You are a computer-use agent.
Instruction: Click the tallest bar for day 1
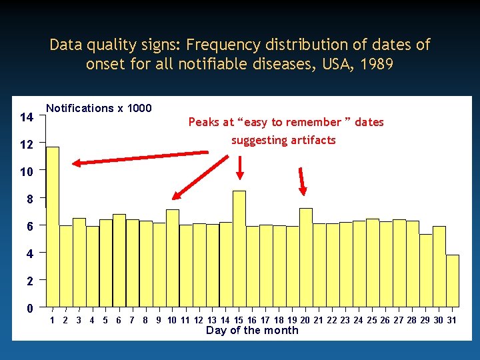pyautogui.click(x=53, y=227)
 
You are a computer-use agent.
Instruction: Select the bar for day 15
pyautogui.click(x=239, y=249)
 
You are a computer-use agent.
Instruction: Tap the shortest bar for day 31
pyautogui.click(x=453, y=281)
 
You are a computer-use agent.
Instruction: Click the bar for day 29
pyautogui.click(x=426, y=271)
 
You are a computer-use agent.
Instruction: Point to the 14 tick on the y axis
pyautogui.click(x=27, y=117)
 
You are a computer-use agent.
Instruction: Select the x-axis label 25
pyautogui.click(x=372, y=320)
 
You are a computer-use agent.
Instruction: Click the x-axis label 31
pyautogui.click(x=451, y=320)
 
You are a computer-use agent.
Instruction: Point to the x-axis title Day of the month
pyautogui.click(x=252, y=331)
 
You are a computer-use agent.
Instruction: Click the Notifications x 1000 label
pyautogui.click(x=99, y=108)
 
